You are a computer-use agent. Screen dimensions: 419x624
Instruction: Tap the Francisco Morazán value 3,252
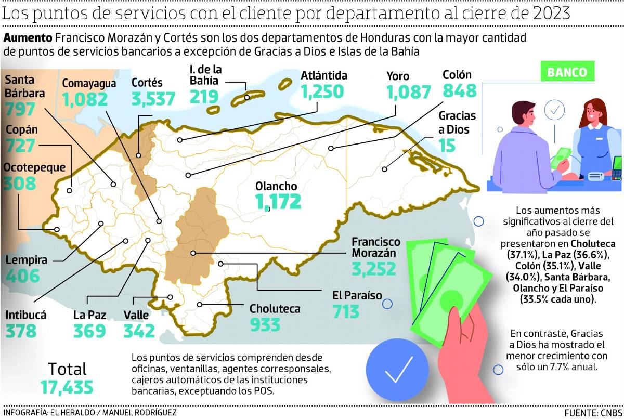coord(373,269)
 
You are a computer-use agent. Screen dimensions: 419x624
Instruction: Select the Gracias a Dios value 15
coord(447,145)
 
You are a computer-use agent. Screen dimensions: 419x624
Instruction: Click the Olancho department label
coord(276,186)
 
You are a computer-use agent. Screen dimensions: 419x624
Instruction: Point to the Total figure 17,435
coord(67,387)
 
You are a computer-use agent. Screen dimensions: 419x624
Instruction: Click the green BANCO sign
coord(566,72)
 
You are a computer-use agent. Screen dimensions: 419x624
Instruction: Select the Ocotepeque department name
coord(34,167)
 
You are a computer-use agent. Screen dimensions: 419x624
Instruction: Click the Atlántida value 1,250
coord(322,91)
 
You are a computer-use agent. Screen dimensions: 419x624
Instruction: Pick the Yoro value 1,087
coord(409,92)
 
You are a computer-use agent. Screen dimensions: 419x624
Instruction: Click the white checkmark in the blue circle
coord(399,368)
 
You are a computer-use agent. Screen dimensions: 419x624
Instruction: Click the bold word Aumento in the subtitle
coord(28,38)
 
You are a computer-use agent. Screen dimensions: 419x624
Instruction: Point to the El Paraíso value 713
coord(346,311)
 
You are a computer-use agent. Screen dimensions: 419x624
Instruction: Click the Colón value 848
coord(460,91)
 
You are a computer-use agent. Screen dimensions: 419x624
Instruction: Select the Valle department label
coord(136,315)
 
